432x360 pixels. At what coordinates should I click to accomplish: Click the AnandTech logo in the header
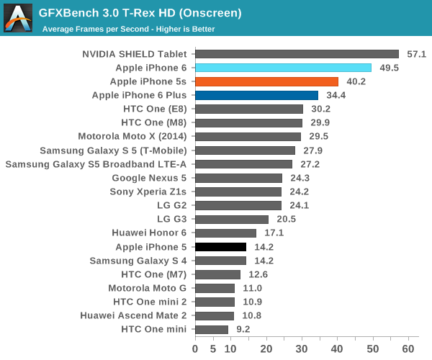(18, 19)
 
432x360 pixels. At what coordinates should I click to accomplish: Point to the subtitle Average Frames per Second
(128, 30)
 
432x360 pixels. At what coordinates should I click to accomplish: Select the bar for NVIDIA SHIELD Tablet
(297, 54)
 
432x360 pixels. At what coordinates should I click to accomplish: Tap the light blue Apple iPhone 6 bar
(283, 68)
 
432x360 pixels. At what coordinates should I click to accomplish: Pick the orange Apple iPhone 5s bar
(266, 81)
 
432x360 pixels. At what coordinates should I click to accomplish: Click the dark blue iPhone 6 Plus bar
(256, 95)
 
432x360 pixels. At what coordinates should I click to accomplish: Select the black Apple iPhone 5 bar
(220, 247)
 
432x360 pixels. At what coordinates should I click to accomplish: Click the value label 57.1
(418, 54)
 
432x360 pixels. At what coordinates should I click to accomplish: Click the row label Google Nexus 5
(149, 178)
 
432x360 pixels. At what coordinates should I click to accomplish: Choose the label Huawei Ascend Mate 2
(133, 316)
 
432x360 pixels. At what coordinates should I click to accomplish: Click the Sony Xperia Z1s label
(148, 192)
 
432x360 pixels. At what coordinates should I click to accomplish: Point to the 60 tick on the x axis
(409, 348)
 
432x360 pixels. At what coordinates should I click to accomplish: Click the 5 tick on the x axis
(213, 348)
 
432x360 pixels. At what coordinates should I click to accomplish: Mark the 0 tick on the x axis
(195, 348)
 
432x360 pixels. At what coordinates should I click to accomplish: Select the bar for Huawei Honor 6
(225, 233)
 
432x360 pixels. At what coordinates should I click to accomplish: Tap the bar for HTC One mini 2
(215, 302)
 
